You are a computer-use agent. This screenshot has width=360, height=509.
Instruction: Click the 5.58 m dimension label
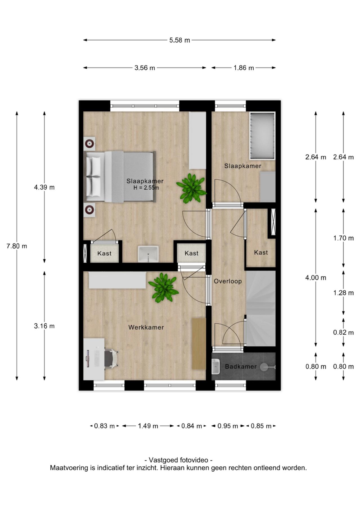[179, 40]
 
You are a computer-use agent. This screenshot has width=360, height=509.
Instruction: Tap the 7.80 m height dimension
[17, 246]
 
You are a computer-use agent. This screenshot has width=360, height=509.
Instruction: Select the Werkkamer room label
[146, 327]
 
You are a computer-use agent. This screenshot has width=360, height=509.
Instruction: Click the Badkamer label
[241, 367]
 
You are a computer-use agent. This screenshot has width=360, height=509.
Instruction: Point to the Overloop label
[228, 281]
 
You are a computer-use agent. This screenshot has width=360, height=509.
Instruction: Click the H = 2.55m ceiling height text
[146, 188]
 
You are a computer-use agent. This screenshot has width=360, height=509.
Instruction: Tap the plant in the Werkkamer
[163, 287]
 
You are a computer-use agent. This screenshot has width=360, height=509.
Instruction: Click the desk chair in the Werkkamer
[111, 358]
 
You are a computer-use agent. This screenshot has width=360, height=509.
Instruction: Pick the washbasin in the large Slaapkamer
[148, 254]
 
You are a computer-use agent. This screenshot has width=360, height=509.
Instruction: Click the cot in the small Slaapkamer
[262, 136]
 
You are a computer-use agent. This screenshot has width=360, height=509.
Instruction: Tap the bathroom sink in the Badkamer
[216, 366]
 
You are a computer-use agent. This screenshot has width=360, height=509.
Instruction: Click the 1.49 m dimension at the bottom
[148, 426]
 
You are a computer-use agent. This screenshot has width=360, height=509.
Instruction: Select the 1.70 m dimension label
[343, 238]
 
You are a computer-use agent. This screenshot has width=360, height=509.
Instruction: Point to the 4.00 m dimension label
[316, 278]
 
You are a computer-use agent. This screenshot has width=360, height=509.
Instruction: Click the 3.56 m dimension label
[145, 68]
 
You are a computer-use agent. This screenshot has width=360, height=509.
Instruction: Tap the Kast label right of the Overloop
[261, 253]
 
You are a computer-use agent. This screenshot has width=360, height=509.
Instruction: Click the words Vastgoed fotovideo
[178, 460]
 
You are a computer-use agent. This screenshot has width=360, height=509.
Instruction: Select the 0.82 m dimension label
[343, 333]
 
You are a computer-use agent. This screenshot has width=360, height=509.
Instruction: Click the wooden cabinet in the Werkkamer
[199, 344]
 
